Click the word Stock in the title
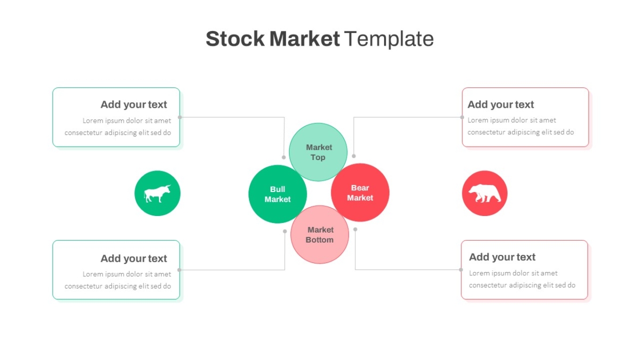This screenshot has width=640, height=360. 235,38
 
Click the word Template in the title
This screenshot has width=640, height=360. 389,39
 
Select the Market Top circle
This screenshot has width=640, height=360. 318,152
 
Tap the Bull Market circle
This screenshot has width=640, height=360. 277,194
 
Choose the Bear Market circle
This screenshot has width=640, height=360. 360,193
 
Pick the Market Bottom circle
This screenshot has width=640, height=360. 319,235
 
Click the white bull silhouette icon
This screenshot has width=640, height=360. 157,194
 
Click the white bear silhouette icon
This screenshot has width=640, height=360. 485,193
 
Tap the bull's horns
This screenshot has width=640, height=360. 168,187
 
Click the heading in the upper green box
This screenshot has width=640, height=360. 134,105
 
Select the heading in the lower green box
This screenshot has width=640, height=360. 134,259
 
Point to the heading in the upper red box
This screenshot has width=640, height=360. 501,105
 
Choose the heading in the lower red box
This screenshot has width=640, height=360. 502,257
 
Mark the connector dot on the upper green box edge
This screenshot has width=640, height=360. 180,117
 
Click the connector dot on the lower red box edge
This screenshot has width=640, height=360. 461,270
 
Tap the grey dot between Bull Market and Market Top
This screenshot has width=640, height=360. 284,157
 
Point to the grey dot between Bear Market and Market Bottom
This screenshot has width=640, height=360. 355,229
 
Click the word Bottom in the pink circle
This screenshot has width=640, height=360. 319,239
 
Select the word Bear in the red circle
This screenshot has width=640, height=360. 360,188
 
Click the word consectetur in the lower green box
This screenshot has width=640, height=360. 83,286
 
